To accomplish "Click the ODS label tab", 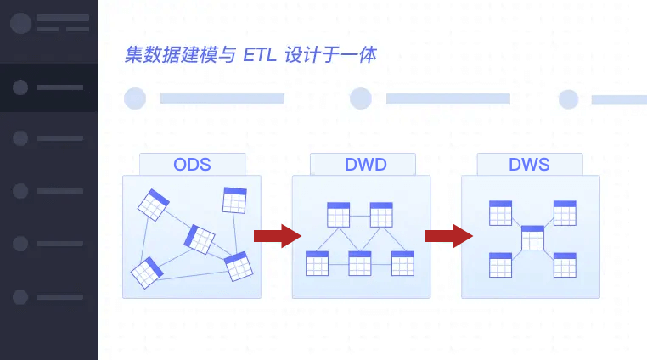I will pyautogui.click(x=192, y=165).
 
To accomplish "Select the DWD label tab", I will pyautogui.click(x=365, y=165).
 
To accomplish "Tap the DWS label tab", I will pyautogui.click(x=529, y=165).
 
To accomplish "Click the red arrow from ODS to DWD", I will pyautogui.click(x=277, y=236).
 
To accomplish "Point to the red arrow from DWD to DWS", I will pyautogui.click(x=448, y=236).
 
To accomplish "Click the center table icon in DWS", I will pyautogui.click(x=532, y=238).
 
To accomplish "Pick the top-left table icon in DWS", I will pyautogui.click(x=500, y=213).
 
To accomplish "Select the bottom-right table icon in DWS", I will pyautogui.click(x=565, y=265).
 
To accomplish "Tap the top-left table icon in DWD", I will pyautogui.click(x=338, y=215).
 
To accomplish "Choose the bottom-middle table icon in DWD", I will pyautogui.click(x=360, y=263).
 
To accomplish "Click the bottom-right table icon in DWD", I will pyautogui.click(x=402, y=263).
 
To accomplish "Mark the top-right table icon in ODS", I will pyautogui.click(x=234, y=200).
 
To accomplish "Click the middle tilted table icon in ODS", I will pyautogui.click(x=200, y=239).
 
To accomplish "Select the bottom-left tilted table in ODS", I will pyautogui.click(x=147, y=273).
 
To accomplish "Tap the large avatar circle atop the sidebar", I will pyautogui.click(x=20, y=23).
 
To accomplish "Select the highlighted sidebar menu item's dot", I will pyautogui.click(x=20, y=87).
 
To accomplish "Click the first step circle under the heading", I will pyautogui.click(x=135, y=98).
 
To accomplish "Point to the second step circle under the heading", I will pyautogui.click(x=361, y=98).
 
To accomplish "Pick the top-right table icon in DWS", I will pyautogui.click(x=565, y=213).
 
